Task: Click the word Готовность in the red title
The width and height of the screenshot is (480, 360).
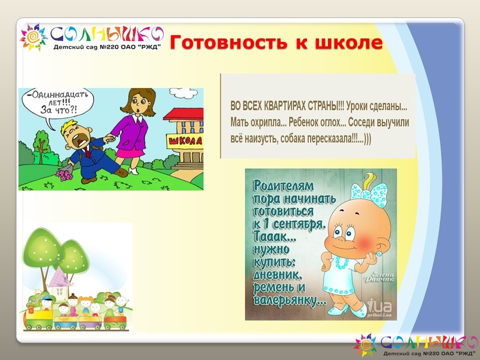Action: [228, 42]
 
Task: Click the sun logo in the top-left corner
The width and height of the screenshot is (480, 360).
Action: [33, 37]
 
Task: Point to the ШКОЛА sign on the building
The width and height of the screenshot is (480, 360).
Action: [185, 141]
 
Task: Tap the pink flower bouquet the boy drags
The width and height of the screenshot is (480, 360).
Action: [64, 174]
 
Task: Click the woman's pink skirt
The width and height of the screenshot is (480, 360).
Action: [130, 152]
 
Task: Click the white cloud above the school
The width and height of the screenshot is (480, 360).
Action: [184, 93]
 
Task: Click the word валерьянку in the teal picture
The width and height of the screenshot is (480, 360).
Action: [289, 300]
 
